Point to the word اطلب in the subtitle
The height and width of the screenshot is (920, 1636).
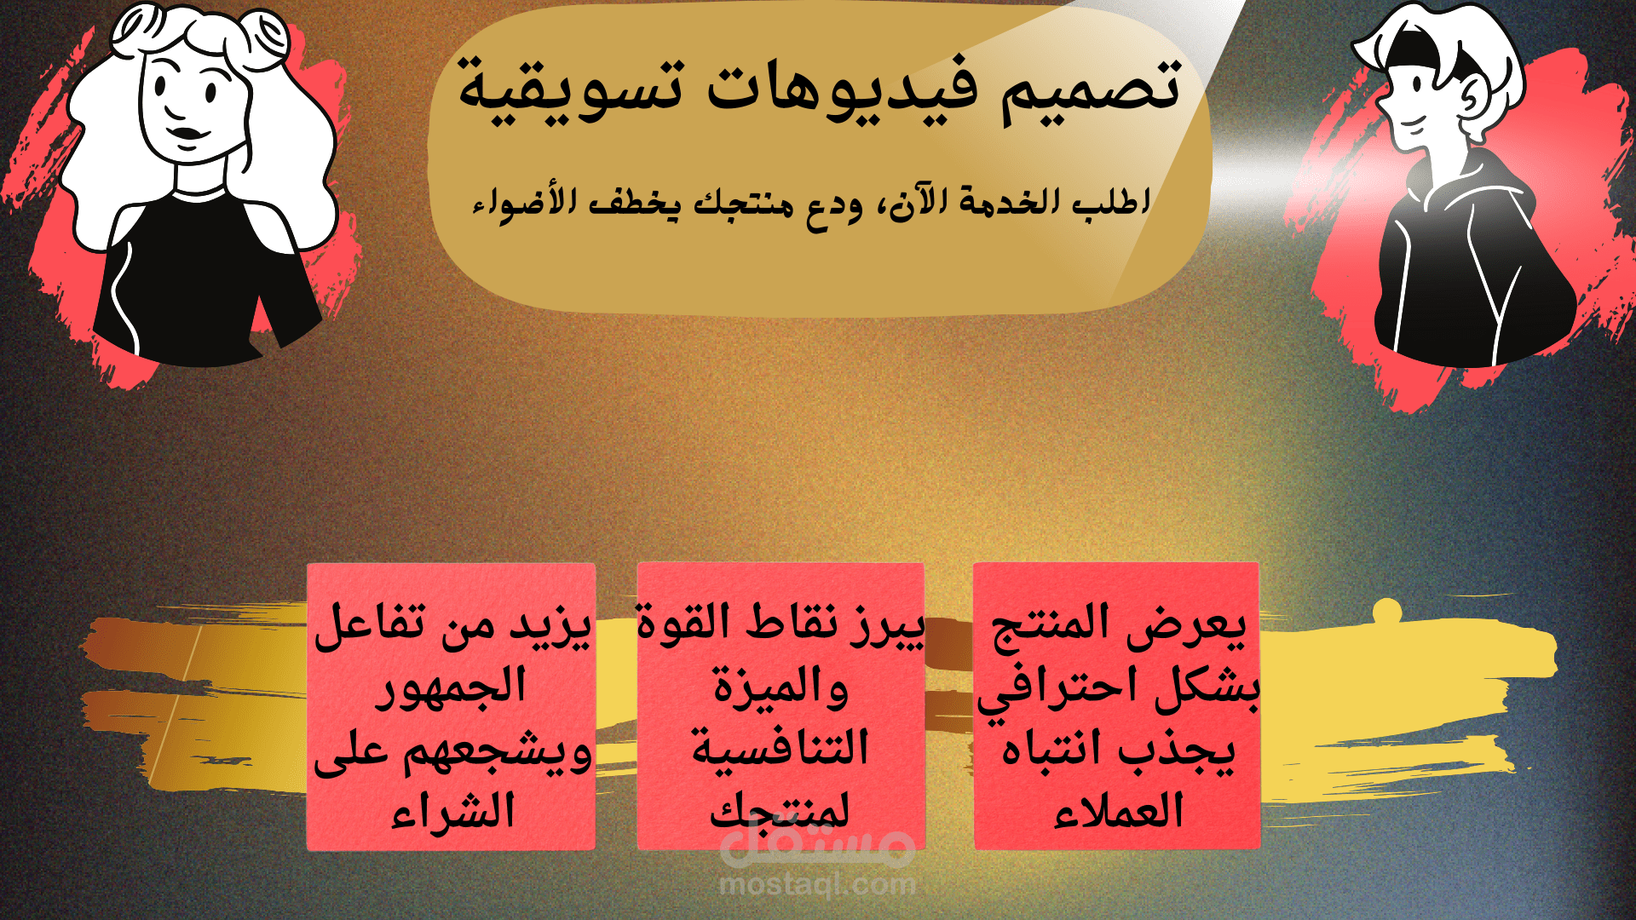tap(1111, 203)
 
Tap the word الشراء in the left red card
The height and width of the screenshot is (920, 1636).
tap(453, 812)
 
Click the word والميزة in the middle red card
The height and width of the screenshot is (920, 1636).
tap(781, 688)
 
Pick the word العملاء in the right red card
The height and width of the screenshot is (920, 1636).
tap(1118, 812)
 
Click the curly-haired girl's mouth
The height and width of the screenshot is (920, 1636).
tap(189, 135)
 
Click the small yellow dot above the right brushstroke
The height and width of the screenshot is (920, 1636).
tap(1387, 610)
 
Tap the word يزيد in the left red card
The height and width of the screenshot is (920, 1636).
tap(550, 624)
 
